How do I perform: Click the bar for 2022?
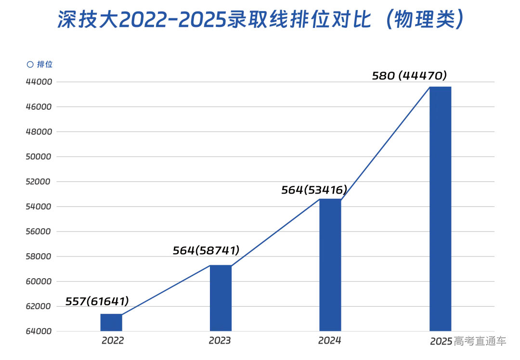(x=111, y=322)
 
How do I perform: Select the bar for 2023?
(x=221, y=298)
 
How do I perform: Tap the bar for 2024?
(x=330, y=265)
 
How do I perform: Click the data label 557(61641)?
(x=97, y=302)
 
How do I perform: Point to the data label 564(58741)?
(x=206, y=250)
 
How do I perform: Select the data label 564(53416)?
(x=314, y=190)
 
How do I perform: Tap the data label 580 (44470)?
(x=410, y=76)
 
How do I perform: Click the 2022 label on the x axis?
(x=113, y=341)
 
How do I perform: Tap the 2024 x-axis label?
(x=330, y=341)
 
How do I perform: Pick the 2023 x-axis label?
(x=220, y=341)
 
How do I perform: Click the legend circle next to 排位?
(x=30, y=64)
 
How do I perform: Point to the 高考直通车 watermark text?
(x=480, y=341)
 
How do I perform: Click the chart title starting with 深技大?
(x=260, y=20)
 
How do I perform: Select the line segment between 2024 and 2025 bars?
(x=385, y=143)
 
